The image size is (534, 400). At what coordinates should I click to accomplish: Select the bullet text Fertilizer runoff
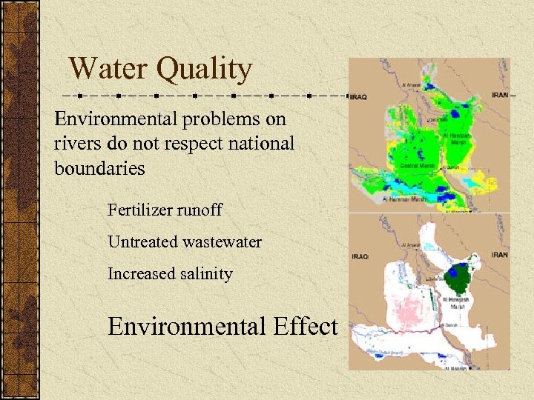pos(165,210)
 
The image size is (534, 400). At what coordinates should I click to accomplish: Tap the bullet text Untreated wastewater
pos(184,241)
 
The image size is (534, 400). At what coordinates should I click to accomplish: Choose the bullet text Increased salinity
pos(170,273)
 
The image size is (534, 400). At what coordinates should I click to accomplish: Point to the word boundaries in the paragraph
pos(99,167)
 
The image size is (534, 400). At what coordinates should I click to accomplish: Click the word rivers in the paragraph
pos(79,143)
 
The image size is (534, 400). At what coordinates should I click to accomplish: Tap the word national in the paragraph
pos(263,143)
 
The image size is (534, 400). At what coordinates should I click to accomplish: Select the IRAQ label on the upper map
pos(359,96)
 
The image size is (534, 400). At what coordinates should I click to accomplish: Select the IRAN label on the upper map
pos(500,96)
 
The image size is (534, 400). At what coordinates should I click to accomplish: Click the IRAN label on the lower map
pos(500,254)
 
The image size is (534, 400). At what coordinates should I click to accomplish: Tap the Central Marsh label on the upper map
pos(412,167)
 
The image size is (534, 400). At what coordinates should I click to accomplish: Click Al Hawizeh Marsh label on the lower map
pos(454,303)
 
